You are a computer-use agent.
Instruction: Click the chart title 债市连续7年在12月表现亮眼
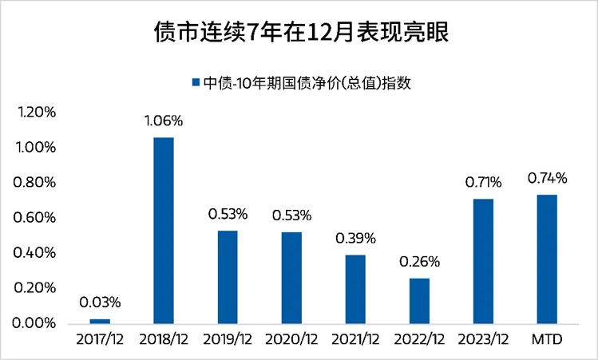[299, 33]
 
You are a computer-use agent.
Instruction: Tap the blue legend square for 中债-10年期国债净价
[196, 82]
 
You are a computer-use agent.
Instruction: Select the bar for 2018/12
[164, 230]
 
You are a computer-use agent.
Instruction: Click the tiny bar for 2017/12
[100, 321]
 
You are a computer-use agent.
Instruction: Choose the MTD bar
[547, 259]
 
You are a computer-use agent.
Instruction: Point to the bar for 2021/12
[355, 289]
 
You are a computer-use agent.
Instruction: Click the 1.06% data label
[164, 121]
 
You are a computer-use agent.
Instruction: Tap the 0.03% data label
[100, 303]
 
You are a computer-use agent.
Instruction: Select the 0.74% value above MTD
[547, 178]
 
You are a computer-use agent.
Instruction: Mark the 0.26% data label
[419, 262]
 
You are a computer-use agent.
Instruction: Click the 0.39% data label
[355, 239]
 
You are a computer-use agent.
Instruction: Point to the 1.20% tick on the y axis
[36, 113]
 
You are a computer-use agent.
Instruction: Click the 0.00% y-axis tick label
[36, 323]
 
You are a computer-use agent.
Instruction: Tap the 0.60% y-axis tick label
[36, 218]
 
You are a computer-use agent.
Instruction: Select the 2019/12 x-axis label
[228, 340]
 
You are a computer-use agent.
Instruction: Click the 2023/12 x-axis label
[483, 340]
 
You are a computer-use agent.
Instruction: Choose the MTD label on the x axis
[547, 340]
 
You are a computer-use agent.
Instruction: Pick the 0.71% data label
[484, 183]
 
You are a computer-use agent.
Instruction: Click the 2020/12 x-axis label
[291, 340]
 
